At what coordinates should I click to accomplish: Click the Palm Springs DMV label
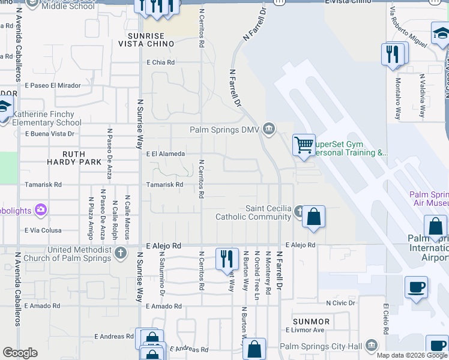[x=226, y=128]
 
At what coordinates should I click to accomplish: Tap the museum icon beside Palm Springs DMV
[x=269, y=128]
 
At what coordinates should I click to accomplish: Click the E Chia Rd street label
[x=160, y=62]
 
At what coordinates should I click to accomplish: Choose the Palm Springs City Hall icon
[x=372, y=346]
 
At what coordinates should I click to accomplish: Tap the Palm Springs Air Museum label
[x=429, y=199]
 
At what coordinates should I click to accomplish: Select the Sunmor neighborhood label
[x=311, y=322]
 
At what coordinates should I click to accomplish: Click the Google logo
[x=20, y=353]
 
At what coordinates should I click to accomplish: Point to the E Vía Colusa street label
[x=43, y=230]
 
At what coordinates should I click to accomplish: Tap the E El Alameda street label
[x=165, y=154]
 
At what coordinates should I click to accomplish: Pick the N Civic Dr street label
[x=341, y=303]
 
